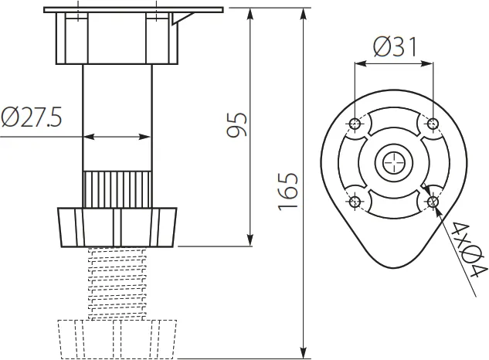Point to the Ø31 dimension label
(x=393, y=48)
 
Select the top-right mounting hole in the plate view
(x=433, y=124)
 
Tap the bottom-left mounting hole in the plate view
(x=355, y=202)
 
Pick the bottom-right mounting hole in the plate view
(x=433, y=202)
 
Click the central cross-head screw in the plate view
(x=393, y=163)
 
